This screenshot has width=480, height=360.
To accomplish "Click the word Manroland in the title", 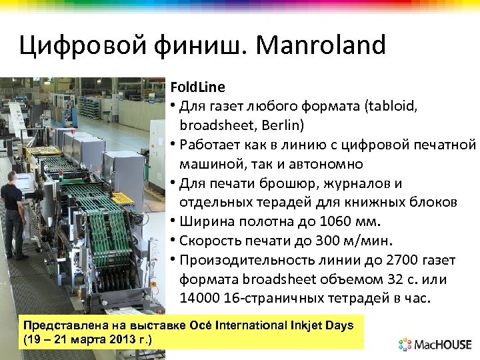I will (321, 45).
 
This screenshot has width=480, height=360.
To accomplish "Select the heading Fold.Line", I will (197, 87).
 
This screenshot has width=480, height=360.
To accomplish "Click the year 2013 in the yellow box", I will (119, 339).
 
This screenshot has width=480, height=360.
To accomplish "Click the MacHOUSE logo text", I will (443, 345).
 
